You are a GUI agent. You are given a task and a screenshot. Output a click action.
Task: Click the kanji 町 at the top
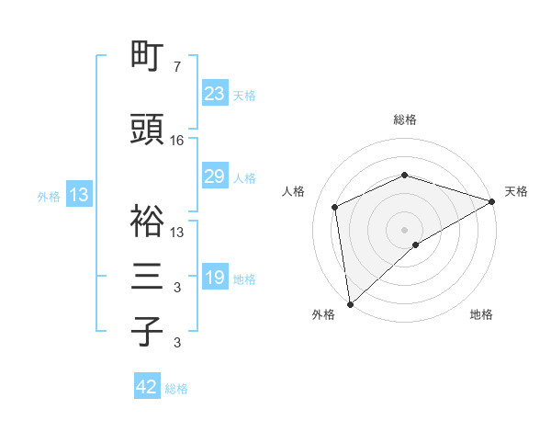pos(148,56)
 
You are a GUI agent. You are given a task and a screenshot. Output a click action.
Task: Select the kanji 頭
pos(148,131)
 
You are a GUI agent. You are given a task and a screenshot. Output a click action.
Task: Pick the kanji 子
pos(148,331)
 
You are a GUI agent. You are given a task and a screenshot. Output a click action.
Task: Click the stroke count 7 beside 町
pos(177,67)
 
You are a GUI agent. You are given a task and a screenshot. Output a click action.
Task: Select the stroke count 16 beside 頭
pos(177,141)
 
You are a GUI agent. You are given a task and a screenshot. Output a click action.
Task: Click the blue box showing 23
pos(215,94)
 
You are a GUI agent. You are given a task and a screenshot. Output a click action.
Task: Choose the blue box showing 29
pos(215,176)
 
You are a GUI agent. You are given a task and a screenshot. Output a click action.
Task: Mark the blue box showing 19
pos(215,278)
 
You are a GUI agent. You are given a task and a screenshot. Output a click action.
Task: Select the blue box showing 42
pos(147,387)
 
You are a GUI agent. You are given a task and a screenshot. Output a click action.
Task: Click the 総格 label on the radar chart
pos(405,119)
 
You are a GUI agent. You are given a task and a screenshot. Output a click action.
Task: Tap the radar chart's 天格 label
pos(516,191)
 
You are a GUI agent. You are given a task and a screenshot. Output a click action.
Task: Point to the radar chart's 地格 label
pos(481,314)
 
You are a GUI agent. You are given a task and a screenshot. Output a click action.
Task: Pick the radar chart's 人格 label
pos(294,191)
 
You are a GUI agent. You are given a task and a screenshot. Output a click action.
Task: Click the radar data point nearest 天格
pos(491,201)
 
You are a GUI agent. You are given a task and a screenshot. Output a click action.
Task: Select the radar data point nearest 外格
pos(350,303)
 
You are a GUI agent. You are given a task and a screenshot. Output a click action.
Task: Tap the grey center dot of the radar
pos(405,229)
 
